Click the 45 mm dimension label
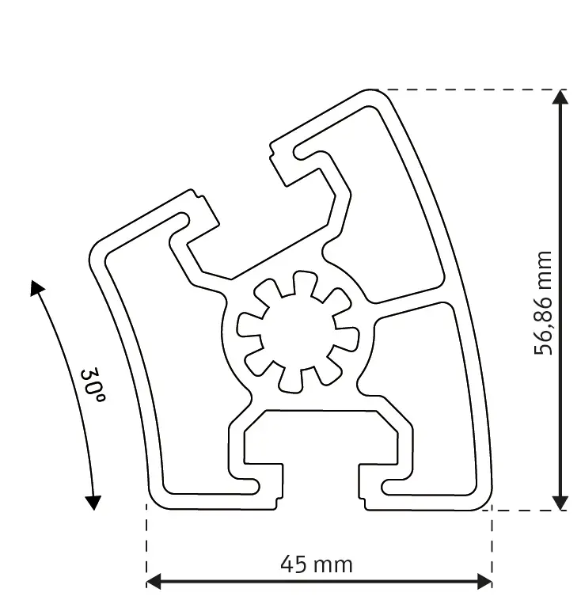(x=317, y=564)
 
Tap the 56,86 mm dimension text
(x=543, y=302)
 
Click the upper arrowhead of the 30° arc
(x=36, y=287)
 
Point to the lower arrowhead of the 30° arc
(x=93, y=501)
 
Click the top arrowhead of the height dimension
(x=560, y=97)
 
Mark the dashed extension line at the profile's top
(x=467, y=89)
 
